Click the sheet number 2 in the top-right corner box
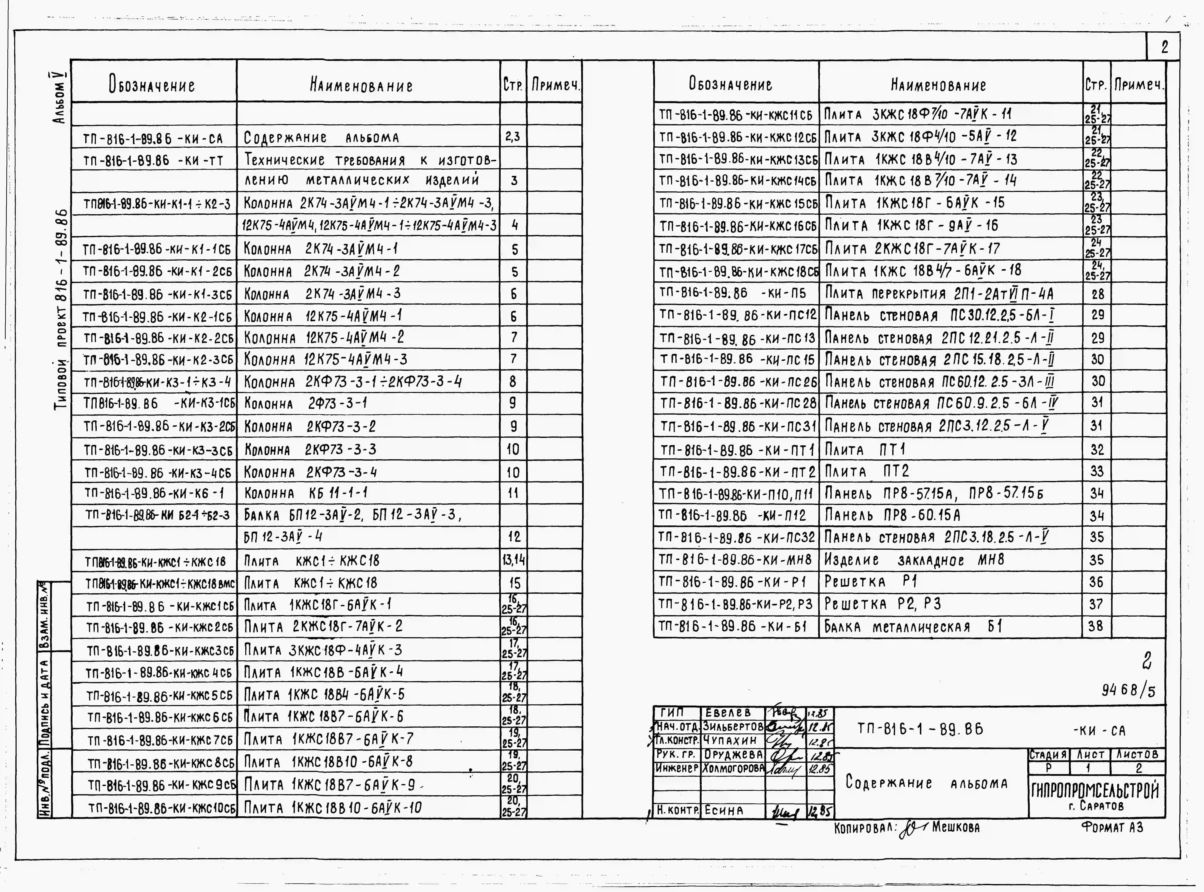click(1164, 47)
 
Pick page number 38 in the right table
click(1096, 627)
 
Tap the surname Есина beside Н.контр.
click(723, 810)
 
